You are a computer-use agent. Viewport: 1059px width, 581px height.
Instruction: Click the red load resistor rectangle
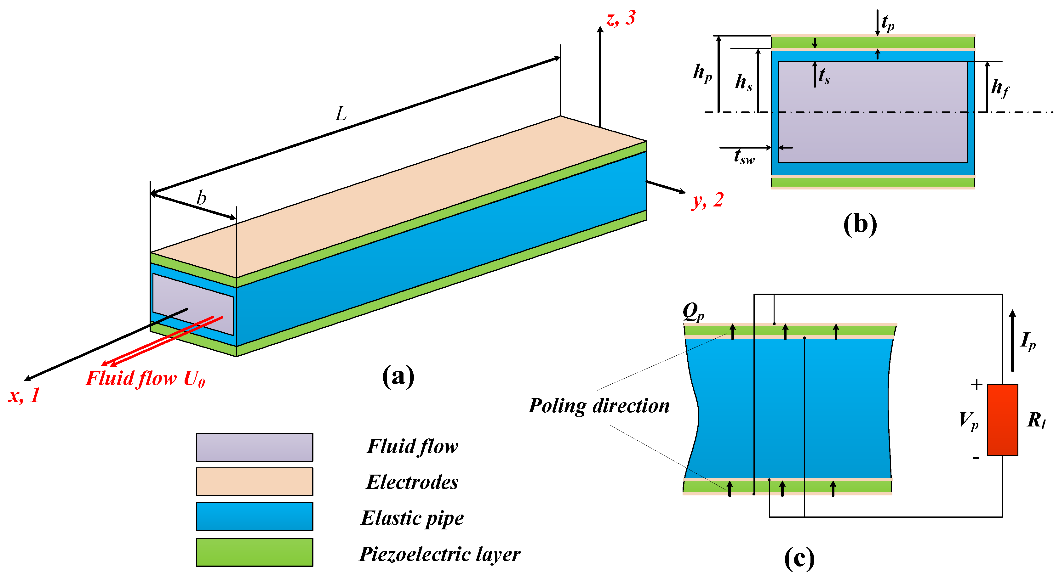point(1002,420)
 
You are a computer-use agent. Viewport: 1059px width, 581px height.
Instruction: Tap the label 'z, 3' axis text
point(621,19)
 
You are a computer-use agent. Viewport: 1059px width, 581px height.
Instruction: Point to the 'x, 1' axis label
point(24,395)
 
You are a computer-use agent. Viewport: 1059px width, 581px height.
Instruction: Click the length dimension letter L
point(341,114)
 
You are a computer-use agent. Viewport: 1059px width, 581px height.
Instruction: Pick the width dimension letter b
point(201,198)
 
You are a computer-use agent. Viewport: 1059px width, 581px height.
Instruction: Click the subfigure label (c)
point(799,558)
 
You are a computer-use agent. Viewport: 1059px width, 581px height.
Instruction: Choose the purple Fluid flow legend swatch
point(255,447)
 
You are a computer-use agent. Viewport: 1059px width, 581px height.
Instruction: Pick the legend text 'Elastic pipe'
point(412,518)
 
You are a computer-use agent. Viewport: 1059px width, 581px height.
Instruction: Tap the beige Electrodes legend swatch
point(255,482)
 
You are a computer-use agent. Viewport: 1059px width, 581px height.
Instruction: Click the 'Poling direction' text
point(599,406)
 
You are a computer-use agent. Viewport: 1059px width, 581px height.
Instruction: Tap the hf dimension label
point(1000,87)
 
